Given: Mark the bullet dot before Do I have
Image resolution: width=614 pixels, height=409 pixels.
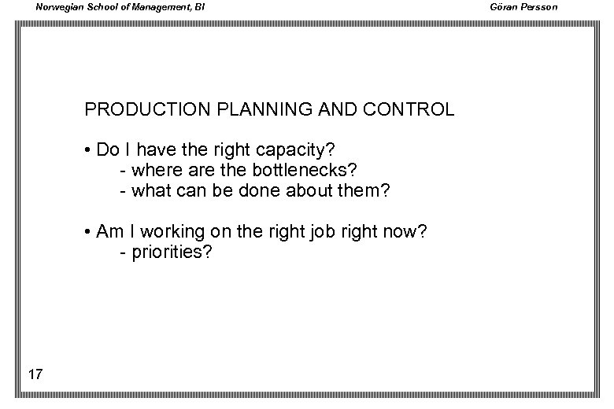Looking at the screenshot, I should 88,149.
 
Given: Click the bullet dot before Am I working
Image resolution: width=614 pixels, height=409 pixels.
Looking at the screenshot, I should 88,232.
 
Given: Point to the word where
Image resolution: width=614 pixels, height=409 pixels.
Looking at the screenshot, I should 154,170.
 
